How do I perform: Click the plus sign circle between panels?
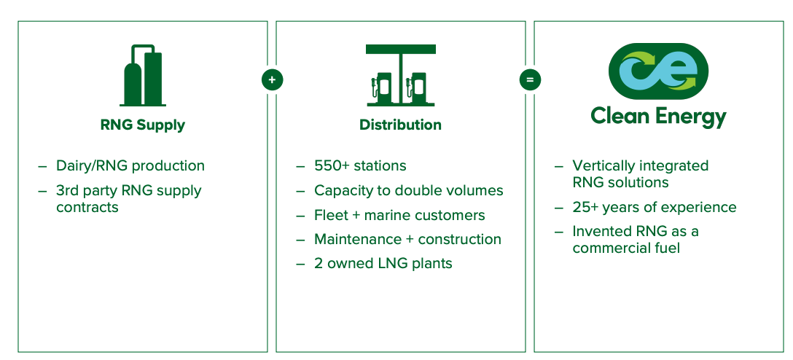click(x=272, y=80)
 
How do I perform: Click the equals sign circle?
click(x=530, y=80)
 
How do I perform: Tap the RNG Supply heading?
click(x=143, y=125)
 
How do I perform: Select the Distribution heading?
click(x=401, y=125)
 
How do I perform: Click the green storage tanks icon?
click(x=143, y=75)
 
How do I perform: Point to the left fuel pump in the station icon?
click(x=383, y=88)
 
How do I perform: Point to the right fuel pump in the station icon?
click(x=419, y=88)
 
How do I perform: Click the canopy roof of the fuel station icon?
click(x=401, y=49)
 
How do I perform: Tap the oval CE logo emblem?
click(x=658, y=71)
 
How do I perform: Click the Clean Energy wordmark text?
click(x=658, y=117)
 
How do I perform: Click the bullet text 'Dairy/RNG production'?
click(x=130, y=166)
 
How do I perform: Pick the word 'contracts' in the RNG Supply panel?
click(x=87, y=207)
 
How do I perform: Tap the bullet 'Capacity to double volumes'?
click(x=409, y=191)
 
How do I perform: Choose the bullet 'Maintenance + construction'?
click(x=407, y=239)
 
